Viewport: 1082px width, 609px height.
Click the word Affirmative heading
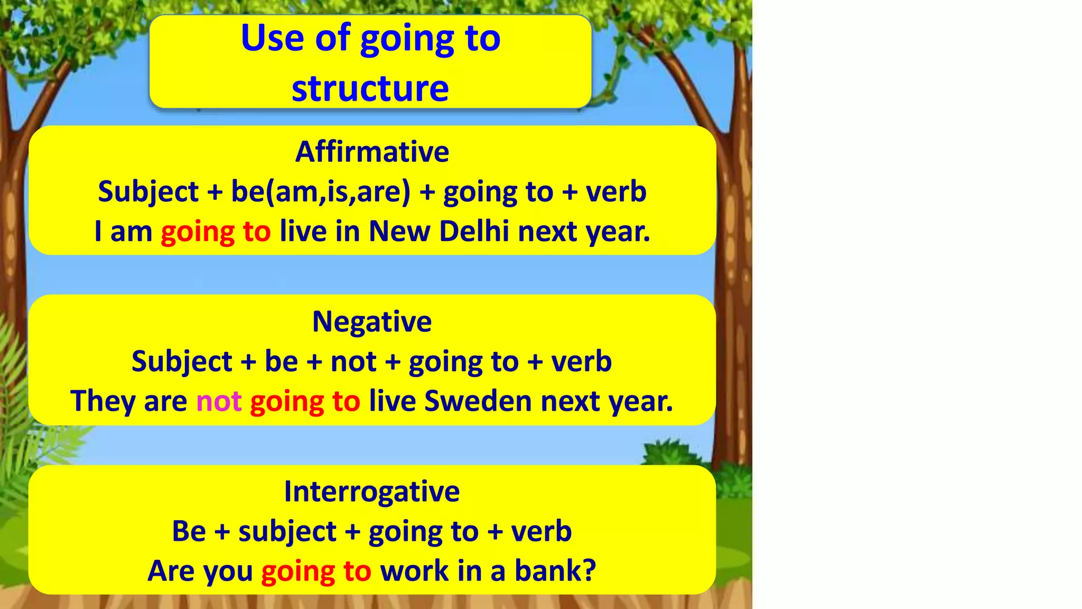tap(372, 152)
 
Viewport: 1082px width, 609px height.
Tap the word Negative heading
tap(372, 321)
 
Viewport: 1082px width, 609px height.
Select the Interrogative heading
tap(372, 492)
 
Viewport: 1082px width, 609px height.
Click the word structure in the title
tap(370, 88)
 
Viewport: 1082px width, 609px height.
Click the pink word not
tap(219, 401)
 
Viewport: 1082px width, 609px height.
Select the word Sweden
tap(478, 401)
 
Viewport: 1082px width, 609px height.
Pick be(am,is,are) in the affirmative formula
tap(321, 191)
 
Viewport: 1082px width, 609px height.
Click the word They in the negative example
tap(102, 401)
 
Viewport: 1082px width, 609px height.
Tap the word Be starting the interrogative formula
tap(189, 531)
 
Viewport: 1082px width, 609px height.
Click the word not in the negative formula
tap(353, 362)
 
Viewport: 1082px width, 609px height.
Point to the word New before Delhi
tap(399, 232)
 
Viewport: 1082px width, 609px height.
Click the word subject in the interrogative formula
tap(287, 532)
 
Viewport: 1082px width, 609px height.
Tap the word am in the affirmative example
tap(131, 232)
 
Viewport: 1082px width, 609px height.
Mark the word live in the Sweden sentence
tap(392, 401)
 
